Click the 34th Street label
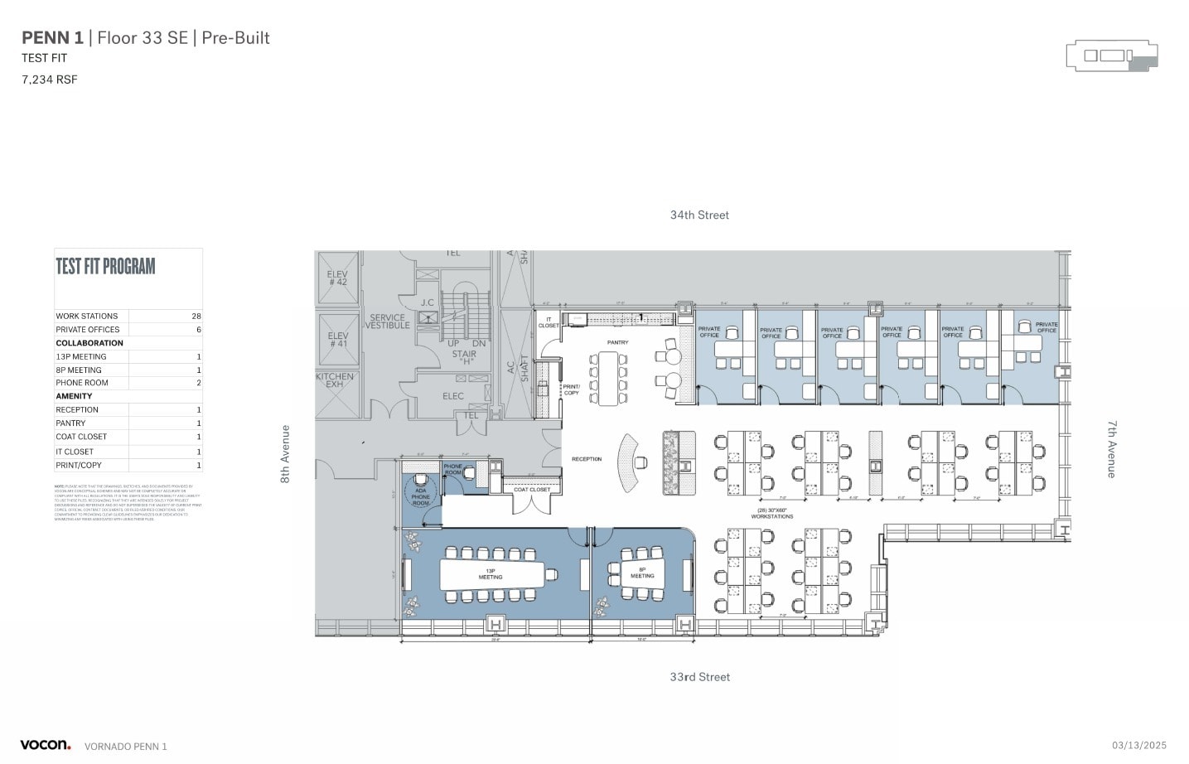click(x=699, y=215)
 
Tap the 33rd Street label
click(x=699, y=677)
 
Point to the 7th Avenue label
click(x=1112, y=448)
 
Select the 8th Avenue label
click(x=285, y=454)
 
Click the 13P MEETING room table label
click(x=491, y=573)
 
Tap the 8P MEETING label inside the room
click(x=642, y=573)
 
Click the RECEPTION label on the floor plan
click(x=587, y=459)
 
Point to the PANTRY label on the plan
click(x=617, y=342)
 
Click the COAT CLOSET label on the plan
click(x=532, y=490)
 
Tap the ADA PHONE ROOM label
click(x=421, y=496)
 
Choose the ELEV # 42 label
click(x=337, y=278)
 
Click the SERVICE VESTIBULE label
click(x=388, y=322)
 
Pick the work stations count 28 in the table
click(x=196, y=317)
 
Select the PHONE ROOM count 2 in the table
click(x=199, y=383)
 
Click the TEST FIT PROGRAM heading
click(x=105, y=266)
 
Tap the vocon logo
click(x=45, y=745)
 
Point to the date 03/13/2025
click(x=1138, y=746)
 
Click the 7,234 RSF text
click(x=50, y=80)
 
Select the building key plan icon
click(x=1111, y=56)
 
